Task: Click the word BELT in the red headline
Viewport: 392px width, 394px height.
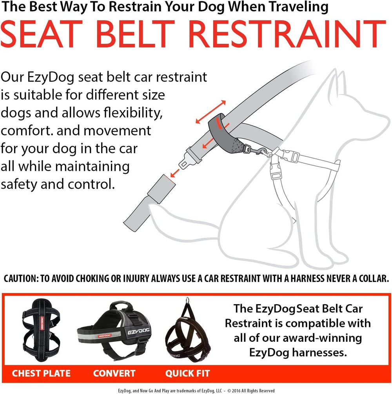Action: [135, 34]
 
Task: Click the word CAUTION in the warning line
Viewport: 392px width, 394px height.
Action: [21, 278]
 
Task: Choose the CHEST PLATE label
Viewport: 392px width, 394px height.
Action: [41, 373]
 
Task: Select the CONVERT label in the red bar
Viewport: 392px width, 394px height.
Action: [114, 373]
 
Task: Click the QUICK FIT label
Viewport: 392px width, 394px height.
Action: [187, 373]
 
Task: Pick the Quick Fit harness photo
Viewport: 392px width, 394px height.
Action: [188, 329]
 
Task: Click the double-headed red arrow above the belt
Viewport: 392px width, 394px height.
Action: [211, 112]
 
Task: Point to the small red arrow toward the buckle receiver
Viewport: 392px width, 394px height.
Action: [175, 173]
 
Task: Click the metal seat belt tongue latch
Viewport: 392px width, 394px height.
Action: [190, 158]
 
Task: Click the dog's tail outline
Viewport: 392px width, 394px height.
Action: [181, 221]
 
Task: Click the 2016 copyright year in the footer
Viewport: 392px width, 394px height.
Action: [236, 391]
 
